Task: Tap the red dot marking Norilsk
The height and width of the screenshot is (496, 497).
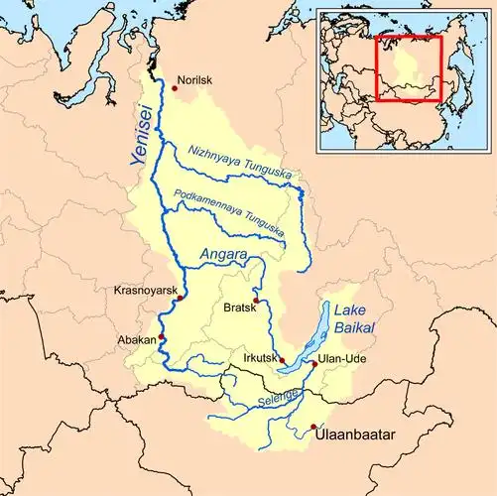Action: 175,88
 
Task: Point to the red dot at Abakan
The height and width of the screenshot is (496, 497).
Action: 162,337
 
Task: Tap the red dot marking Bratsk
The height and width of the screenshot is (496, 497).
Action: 256,300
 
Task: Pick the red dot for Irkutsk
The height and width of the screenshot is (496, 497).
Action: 282,360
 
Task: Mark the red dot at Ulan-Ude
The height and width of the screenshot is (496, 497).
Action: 315,364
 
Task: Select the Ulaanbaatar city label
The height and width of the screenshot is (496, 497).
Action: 355,434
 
